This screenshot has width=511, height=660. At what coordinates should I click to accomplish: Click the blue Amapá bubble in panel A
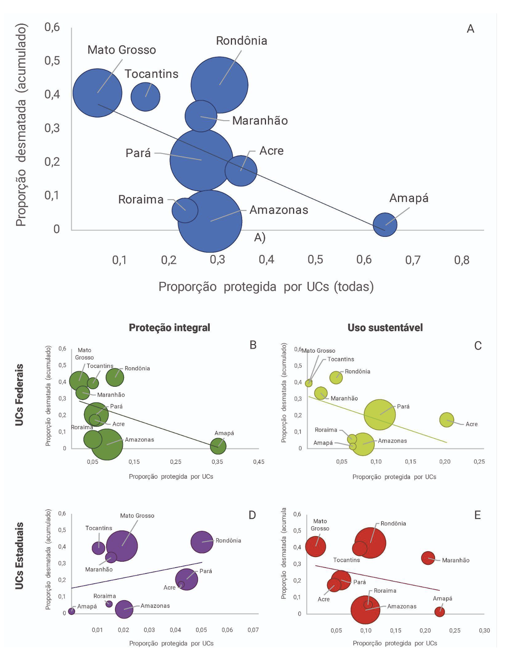385,225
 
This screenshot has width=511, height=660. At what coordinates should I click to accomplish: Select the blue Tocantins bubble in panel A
145,97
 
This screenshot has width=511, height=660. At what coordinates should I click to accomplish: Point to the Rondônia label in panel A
242,41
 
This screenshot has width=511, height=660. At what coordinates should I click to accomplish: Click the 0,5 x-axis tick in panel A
315,260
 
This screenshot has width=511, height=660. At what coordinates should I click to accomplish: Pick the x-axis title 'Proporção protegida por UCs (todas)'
266,287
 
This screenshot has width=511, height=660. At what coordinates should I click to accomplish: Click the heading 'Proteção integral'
170,327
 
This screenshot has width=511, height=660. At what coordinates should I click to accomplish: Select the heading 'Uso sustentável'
385,327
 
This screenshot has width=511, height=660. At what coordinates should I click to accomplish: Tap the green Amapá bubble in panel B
218,446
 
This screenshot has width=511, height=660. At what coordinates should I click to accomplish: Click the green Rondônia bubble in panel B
115,377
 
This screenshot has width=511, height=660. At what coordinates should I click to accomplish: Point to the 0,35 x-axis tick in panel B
217,462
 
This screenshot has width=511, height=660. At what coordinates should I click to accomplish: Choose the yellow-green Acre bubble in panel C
447,420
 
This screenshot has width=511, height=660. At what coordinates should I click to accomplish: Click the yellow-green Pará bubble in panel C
380,415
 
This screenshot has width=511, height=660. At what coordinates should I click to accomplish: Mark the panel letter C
478,346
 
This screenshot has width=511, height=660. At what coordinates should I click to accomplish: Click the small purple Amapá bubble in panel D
72,611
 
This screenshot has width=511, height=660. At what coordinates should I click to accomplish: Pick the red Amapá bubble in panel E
439,612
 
